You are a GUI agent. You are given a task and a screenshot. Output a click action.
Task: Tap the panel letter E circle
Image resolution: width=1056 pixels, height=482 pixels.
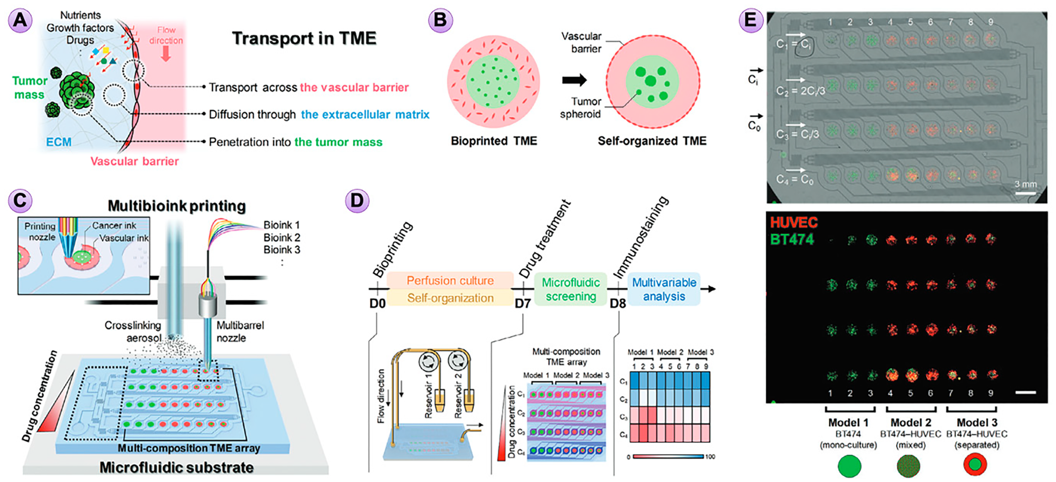750,20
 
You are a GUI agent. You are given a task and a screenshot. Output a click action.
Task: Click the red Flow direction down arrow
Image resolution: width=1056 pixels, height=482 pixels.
165,54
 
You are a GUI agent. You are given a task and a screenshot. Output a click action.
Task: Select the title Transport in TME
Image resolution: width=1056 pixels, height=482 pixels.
304,39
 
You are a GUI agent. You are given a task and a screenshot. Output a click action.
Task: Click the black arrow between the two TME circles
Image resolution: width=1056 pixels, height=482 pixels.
574,80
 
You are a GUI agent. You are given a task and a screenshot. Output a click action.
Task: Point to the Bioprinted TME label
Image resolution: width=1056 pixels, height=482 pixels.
494,141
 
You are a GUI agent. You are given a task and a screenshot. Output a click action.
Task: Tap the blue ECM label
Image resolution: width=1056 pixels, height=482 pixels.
59,142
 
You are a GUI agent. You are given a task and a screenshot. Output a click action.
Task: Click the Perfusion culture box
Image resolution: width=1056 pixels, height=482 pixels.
450,281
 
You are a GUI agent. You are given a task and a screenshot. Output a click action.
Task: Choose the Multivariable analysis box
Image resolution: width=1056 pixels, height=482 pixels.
664,289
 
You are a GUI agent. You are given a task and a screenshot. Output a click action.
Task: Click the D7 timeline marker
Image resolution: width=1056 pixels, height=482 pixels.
523,304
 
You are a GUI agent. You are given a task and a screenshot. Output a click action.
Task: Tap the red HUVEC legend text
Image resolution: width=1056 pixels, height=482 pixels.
793,222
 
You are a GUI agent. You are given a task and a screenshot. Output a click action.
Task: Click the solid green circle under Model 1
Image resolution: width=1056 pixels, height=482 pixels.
849,467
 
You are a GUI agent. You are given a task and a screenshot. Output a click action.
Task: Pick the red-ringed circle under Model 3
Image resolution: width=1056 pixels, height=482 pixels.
975,465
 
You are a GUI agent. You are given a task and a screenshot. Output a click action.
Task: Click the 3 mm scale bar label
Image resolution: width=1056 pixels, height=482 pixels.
1025,184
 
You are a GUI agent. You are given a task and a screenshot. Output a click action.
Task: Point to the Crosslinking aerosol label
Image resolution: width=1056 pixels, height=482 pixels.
132,332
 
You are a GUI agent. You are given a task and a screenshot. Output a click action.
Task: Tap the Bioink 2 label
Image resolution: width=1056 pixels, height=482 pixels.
282,238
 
